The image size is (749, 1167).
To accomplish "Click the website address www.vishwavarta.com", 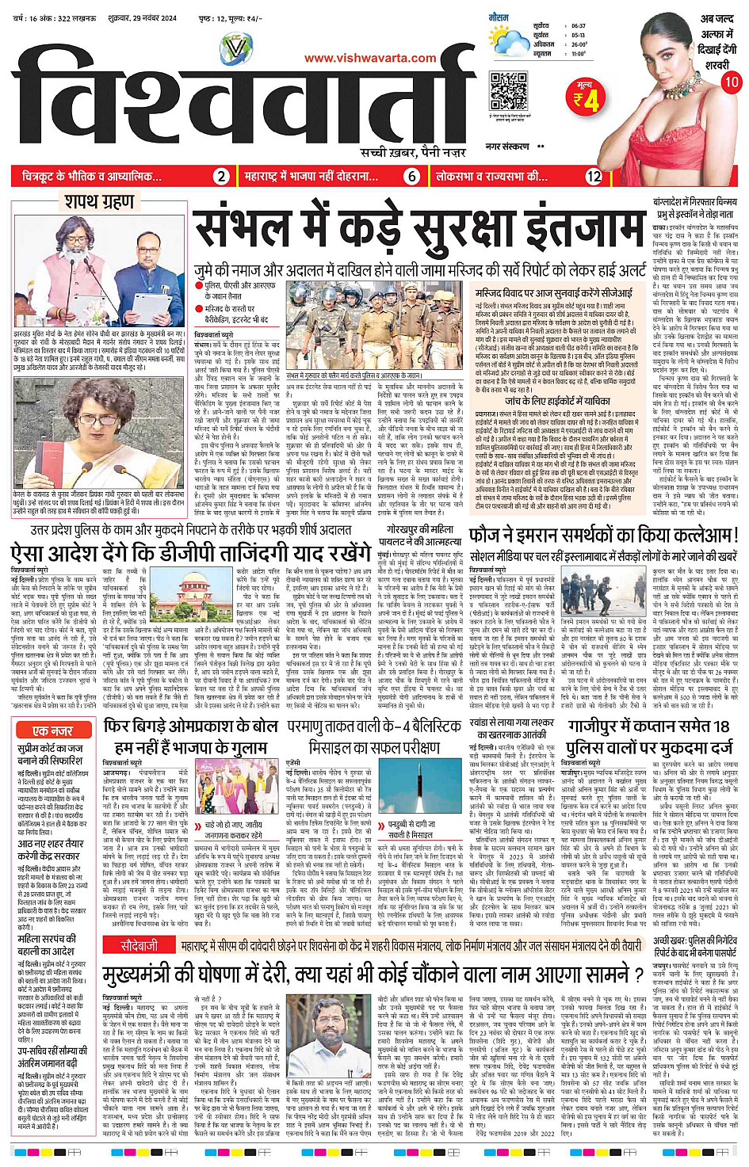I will (x=369, y=58).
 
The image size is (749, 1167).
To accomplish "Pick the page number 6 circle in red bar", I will (x=412, y=177).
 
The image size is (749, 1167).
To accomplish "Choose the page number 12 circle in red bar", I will (x=594, y=177).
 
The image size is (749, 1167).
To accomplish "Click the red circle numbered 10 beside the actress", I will (x=732, y=82).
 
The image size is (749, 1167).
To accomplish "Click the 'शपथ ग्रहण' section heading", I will (x=99, y=202).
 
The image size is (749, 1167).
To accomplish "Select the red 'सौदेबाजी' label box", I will (x=139, y=945).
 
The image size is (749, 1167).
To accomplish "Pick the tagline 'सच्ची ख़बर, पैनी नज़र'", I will (x=413, y=152).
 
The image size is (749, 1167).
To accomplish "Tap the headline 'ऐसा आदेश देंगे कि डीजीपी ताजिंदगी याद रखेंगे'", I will (x=190, y=552).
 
